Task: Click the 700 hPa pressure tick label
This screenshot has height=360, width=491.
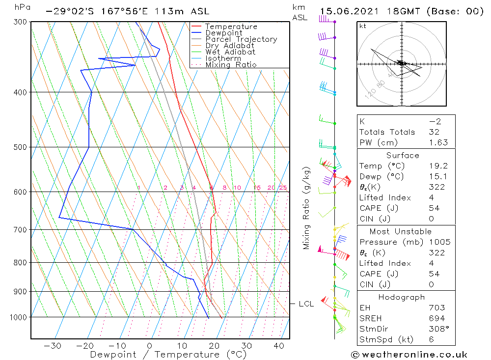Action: [19, 229]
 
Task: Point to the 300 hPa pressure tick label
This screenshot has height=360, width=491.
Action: [19, 22]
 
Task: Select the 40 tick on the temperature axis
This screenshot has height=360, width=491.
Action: [279, 346]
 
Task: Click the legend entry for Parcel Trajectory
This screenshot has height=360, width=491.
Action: [241, 39]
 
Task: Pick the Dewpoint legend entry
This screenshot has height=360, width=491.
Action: [224, 33]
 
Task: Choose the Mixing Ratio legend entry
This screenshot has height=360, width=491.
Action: [231, 65]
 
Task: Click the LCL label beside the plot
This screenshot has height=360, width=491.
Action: [306, 304]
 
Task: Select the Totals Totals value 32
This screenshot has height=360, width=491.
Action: [434, 132]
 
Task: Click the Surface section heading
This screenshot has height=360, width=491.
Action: [403, 155]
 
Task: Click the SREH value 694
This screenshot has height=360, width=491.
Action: [436, 318]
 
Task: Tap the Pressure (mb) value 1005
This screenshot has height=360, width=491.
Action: [439, 242]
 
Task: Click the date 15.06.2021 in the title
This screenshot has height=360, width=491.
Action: [346, 11]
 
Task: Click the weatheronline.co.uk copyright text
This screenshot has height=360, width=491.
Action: [409, 355]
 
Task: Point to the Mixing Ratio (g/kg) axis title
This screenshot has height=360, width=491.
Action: [307, 208]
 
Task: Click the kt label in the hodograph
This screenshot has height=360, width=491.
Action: [362, 26]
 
